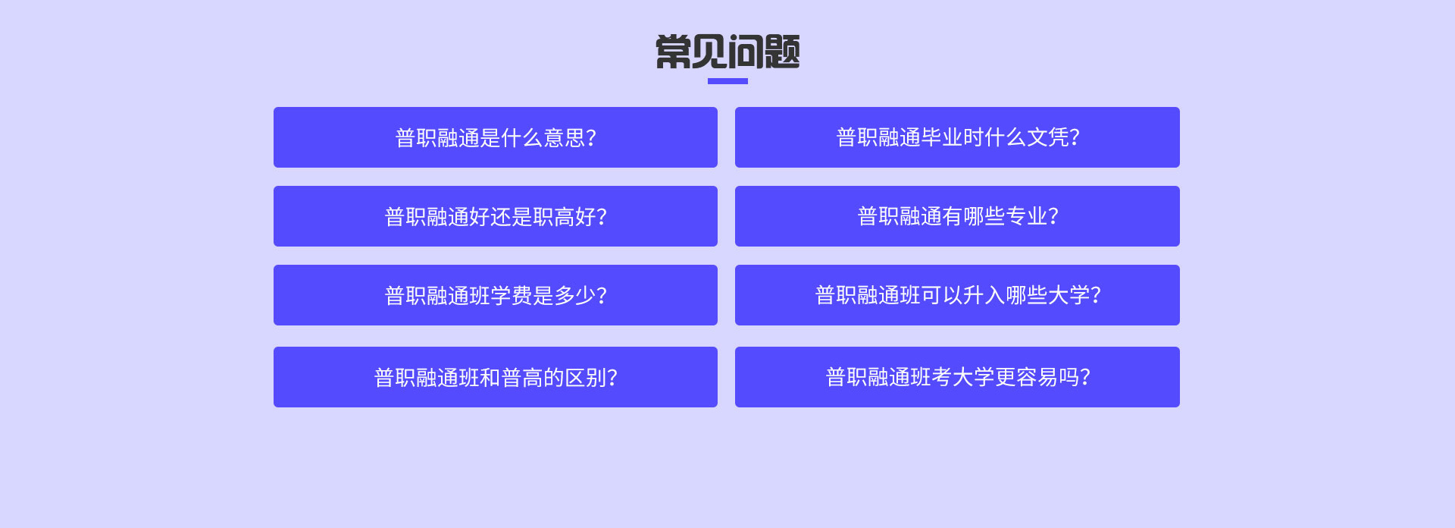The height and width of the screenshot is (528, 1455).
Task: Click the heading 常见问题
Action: point(727,52)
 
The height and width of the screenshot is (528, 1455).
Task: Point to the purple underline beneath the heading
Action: point(727,81)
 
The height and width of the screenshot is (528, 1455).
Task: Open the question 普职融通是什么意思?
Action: point(496,137)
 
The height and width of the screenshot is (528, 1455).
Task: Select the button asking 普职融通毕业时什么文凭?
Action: point(957,137)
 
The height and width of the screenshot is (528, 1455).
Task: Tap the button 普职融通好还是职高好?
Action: point(496,216)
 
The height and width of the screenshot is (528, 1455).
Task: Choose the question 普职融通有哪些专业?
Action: point(957,216)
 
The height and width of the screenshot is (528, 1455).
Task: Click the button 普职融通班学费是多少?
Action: point(496,295)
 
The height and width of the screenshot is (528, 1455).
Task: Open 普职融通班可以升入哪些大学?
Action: point(957,295)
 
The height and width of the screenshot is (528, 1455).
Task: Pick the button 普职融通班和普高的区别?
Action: point(496,377)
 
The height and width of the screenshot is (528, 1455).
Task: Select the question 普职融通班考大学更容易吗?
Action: point(957,377)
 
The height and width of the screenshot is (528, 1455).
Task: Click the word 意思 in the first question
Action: point(565,138)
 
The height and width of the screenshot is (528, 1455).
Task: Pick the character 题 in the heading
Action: point(782,52)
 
